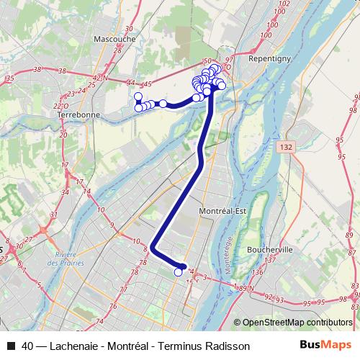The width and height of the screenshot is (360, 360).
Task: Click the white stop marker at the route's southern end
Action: pyautogui.click(x=179, y=272)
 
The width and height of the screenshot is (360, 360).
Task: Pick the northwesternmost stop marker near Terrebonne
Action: pyautogui.click(x=138, y=96)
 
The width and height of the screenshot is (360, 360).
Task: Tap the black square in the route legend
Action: pyautogui.click(x=11, y=346)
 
